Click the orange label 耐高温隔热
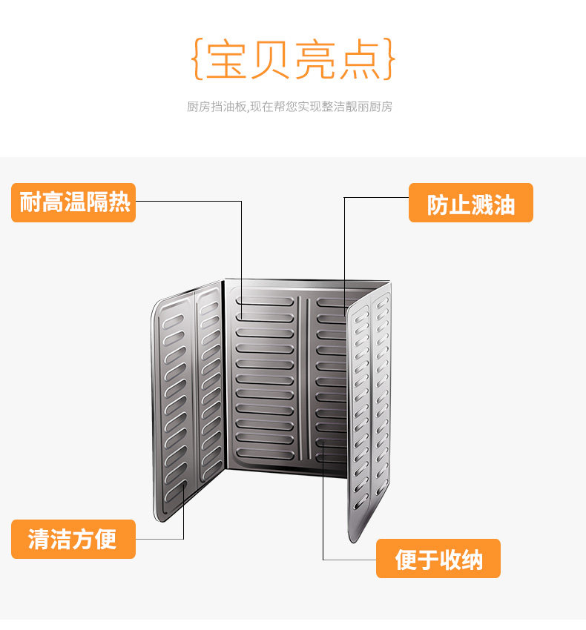coord(73,202)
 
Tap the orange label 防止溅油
coord(470,203)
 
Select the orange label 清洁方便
coord(73,539)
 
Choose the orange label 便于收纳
coord(438,559)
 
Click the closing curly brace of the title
coord(390,61)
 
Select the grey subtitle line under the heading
coord(289,107)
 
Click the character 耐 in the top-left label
coord(30,202)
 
